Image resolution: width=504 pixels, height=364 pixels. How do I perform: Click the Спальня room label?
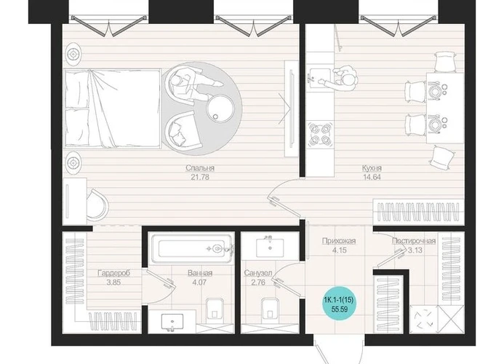(200, 168)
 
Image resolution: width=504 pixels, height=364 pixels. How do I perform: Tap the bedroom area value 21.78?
(200, 177)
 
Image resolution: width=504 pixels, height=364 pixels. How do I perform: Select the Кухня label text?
(372, 168)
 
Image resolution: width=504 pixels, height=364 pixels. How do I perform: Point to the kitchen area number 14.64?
(372, 177)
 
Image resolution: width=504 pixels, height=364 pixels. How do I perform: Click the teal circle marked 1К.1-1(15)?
(339, 304)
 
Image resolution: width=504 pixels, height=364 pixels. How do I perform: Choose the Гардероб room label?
(113, 273)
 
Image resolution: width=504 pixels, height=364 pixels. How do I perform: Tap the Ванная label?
(200, 273)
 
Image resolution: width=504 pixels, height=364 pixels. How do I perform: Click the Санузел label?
(257, 273)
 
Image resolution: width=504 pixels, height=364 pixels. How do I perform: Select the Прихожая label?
(339, 241)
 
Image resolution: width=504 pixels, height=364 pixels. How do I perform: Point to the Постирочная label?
(414, 241)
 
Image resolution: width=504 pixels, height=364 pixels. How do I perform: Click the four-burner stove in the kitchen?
(320, 134)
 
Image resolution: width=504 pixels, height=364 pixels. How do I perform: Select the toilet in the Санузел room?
(270, 309)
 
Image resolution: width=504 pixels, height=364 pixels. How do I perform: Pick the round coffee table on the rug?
(220, 108)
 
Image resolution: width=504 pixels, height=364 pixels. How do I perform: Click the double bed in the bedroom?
(113, 108)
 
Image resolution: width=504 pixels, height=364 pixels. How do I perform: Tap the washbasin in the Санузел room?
(270, 248)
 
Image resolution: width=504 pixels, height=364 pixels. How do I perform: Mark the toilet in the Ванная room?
(215, 309)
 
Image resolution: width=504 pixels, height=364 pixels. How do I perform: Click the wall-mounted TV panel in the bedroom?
(292, 109)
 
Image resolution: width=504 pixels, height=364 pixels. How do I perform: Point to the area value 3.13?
(415, 250)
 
